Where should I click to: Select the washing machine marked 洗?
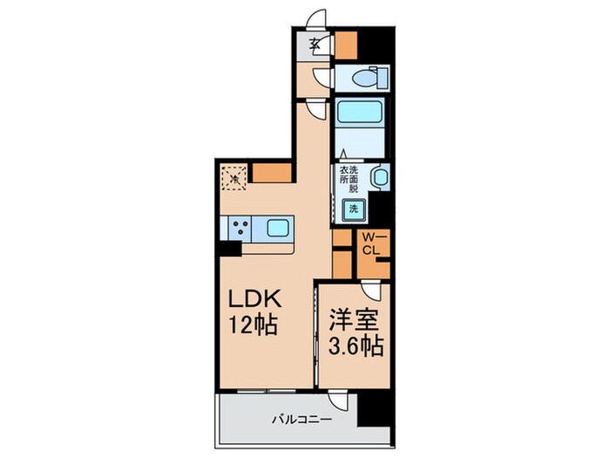pyautogui.click(x=354, y=208)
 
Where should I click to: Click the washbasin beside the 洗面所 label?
pyautogui.click(x=378, y=178)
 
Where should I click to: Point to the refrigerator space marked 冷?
pyautogui.click(x=233, y=177)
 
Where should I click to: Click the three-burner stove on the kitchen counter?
pyautogui.click(x=240, y=229)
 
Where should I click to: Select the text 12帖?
pyautogui.click(x=253, y=327)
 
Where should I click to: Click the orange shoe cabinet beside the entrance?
pyautogui.click(x=346, y=43)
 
